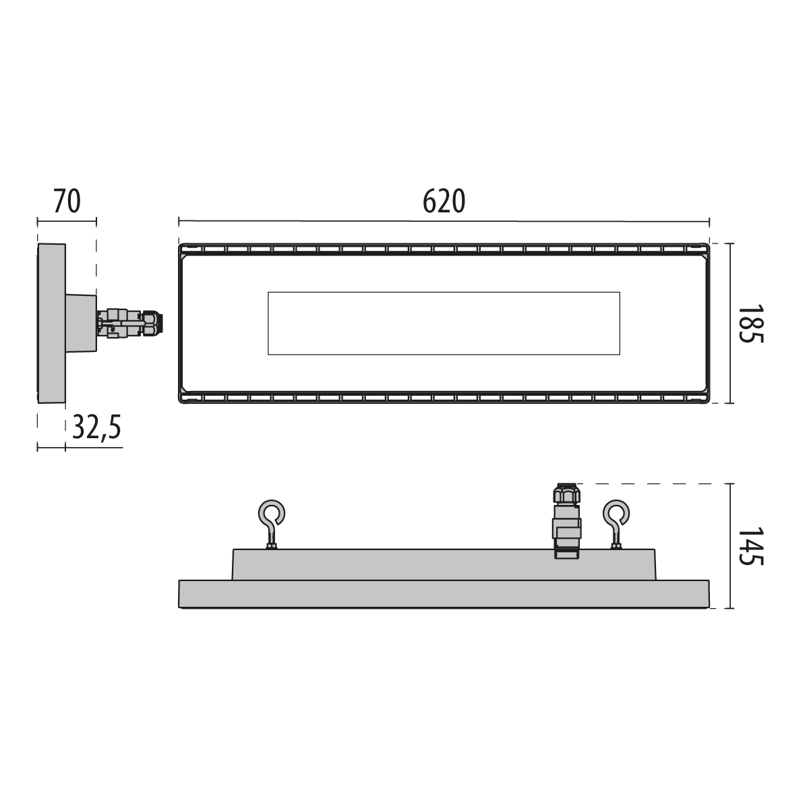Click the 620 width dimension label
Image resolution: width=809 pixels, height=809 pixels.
(x=444, y=201)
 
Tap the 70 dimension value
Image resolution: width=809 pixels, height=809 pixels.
(x=67, y=201)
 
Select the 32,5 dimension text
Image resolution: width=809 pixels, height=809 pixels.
(x=96, y=427)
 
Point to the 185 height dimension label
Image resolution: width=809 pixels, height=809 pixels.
(x=750, y=324)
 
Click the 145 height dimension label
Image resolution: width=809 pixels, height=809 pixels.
(x=750, y=546)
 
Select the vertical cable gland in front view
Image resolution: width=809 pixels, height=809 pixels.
(x=567, y=521)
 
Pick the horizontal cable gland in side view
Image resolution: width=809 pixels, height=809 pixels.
(x=129, y=324)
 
